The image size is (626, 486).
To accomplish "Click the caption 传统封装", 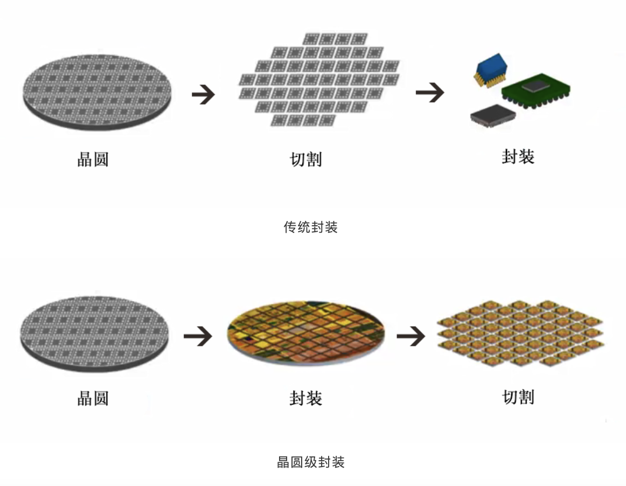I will (310, 227).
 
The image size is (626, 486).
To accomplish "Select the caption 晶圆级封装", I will (310, 462).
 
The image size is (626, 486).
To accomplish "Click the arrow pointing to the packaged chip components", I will (429, 93).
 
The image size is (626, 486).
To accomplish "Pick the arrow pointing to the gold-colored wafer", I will (198, 337).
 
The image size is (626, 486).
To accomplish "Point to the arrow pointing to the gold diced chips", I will (411, 337).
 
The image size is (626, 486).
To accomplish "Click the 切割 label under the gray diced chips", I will (305, 159).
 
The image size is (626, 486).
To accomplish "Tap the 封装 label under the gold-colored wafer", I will (305, 398).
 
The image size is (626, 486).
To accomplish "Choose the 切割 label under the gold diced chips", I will (518, 397).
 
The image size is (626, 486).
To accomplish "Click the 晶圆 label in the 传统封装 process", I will (93, 159).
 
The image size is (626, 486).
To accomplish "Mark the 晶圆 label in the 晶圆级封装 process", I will (93, 398).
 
